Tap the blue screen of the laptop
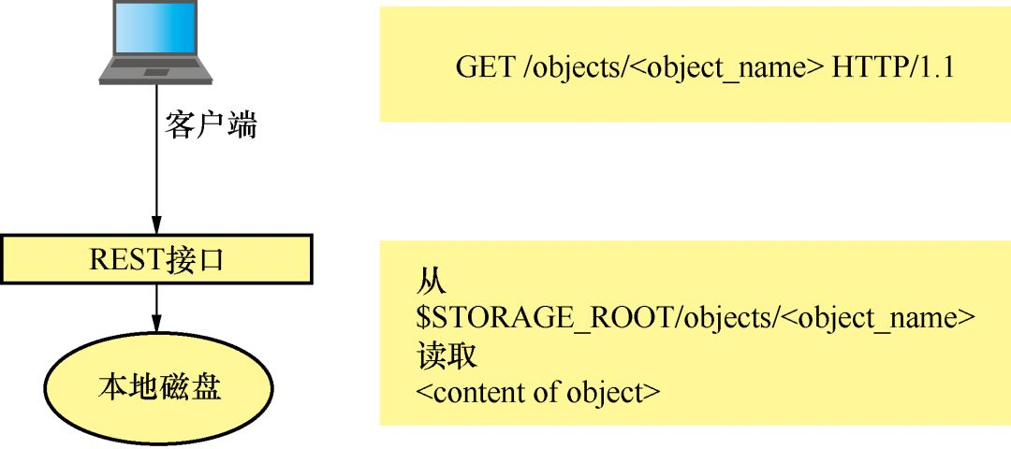click(x=156, y=28)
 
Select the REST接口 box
click(x=156, y=259)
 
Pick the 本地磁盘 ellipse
click(x=159, y=386)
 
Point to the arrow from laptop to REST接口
click(x=156, y=168)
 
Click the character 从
click(x=432, y=281)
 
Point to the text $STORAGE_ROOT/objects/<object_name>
click(x=696, y=317)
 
